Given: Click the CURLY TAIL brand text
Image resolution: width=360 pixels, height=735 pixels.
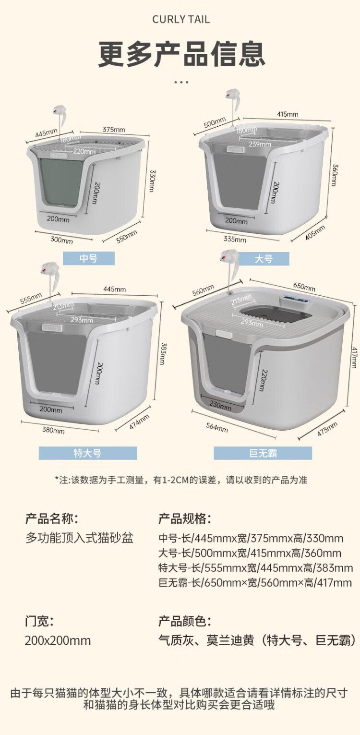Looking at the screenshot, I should pyautogui.click(x=181, y=20).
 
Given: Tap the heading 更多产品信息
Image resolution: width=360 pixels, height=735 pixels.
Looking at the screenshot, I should pyautogui.click(x=181, y=54).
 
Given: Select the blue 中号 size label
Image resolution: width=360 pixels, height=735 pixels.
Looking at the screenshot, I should pyautogui.click(x=88, y=258).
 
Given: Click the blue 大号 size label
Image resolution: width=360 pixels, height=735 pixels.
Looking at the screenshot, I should pyautogui.click(x=264, y=259).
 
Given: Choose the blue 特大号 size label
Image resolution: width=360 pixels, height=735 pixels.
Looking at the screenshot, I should pyautogui.click(x=88, y=453).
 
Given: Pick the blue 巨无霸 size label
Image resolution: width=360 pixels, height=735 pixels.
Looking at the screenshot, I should pyautogui.click(x=263, y=453).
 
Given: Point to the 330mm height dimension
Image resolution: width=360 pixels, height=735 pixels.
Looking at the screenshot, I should pyautogui.click(x=152, y=181).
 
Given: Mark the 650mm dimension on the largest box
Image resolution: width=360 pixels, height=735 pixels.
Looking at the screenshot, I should pyautogui.click(x=304, y=287).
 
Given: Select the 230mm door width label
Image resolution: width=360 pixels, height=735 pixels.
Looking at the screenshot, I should pyautogui.click(x=220, y=405).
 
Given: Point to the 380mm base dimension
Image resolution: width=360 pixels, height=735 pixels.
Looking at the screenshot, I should pyautogui.click(x=53, y=430).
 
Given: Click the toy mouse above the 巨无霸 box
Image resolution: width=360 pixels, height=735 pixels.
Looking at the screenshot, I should pyautogui.click(x=230, y=262).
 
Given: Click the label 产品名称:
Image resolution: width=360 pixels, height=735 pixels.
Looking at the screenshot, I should pyautogui.click(x=51, y=518).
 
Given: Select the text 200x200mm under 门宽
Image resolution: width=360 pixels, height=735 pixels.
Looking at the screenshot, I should pyautogui.click(x=58, y=640).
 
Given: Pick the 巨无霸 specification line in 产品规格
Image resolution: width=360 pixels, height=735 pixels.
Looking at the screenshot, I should pyautogui.click(x=255, y=583).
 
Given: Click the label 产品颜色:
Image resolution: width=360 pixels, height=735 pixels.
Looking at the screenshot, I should pyautogui.click(x=184, y=621).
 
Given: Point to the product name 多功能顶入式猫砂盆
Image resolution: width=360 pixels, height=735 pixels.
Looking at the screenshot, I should pyautogui.click(x=79, y=538).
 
